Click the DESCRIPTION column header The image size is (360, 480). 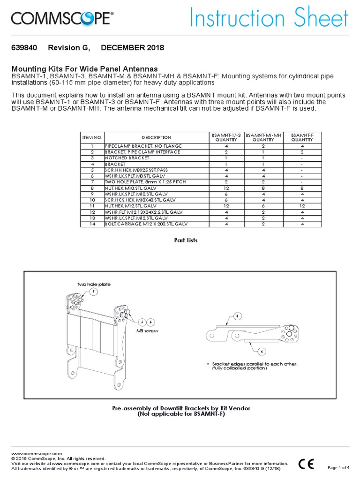[x=157, y=137]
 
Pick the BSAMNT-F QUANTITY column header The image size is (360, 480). [x=302, y=137]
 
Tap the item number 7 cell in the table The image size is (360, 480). [x=92, y=182]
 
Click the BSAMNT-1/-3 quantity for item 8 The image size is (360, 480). [x=226, y=188]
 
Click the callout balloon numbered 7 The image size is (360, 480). [x=93, y=292]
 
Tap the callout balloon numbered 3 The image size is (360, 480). [x=237, y=316]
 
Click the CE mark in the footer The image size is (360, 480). [x=307, y=464]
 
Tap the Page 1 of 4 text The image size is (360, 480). [x=338, y=467]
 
